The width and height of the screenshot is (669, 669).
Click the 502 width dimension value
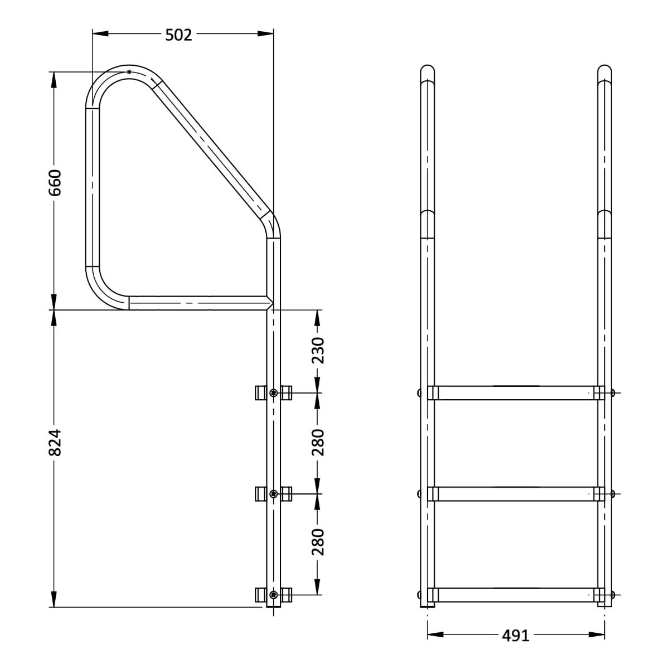click(178, 35)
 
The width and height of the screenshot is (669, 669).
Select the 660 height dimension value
click(55, 182)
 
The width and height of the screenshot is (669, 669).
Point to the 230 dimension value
click(318, 350)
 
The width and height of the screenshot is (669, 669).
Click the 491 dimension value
click(515, 636)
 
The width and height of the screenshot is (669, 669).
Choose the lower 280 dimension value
click(318, 542)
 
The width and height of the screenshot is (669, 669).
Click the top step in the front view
click(516, 392)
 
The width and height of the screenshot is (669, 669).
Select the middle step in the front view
click(516, 493)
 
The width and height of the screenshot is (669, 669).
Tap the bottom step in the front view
click(516, 594)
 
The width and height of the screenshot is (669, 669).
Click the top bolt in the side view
click(273, 393)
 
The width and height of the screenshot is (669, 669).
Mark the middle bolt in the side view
click(273, 493)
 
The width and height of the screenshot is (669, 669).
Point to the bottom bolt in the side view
click(273, 594)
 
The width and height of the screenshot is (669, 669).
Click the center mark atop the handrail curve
click(129, 72)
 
